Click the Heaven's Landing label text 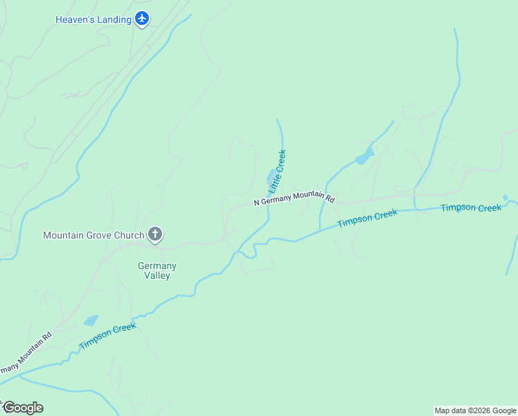click(x=93, y=19)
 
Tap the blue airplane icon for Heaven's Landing click(x=142, y=18)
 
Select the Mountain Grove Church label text click(x=93, y=235)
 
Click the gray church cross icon click(x=155, y=235)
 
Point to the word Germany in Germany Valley click(x=157, y=266)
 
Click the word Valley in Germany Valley click(x=157, y=275)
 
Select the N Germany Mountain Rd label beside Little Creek click(x=294, y=199)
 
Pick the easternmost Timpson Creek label click(x=470, y=208)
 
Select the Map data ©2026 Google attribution click(x=475, y=410)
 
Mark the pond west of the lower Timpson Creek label click(x=91, y=320)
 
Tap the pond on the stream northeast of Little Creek click(x=364, y=157)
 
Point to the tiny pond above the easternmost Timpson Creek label click(x=506, y=197)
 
